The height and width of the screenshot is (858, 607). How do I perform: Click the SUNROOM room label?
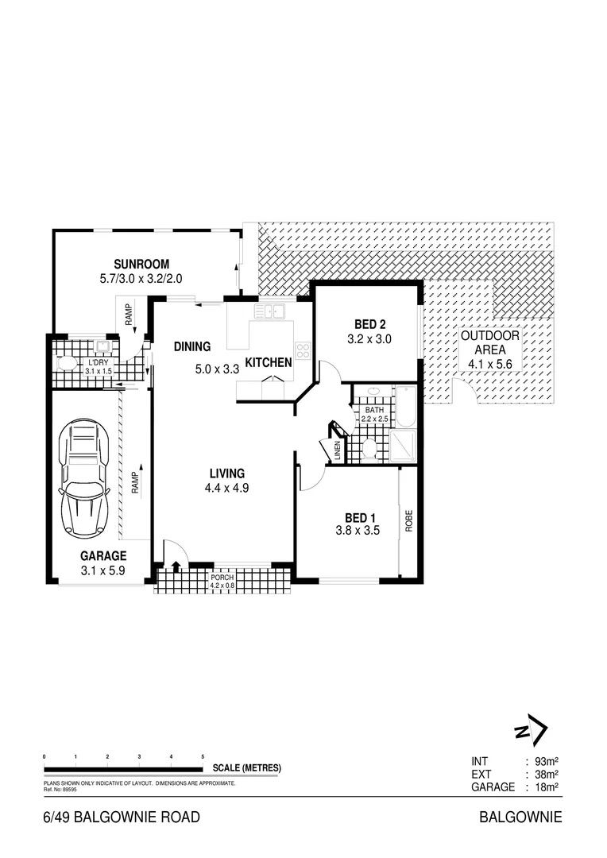click(141, 265)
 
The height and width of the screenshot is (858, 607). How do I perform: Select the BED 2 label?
click(369, 324)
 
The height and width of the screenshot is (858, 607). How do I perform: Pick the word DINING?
click(192, 346)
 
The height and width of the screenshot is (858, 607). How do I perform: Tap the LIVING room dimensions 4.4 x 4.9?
click(226, 489)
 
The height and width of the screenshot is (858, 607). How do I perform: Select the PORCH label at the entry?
click(222, 578)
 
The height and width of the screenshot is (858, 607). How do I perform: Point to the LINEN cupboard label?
click(337, 450)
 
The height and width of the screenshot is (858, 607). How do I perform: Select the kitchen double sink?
click(270, 311)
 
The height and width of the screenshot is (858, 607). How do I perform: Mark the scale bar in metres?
click(123, 767)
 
